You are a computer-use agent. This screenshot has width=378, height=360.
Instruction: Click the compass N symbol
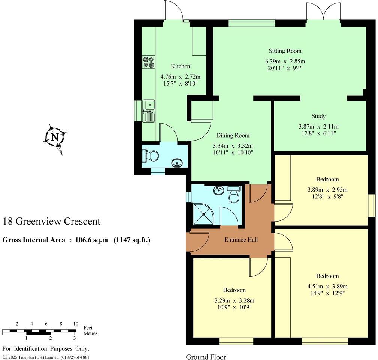point(55,137)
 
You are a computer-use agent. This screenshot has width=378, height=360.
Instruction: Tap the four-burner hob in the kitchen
point(148,62)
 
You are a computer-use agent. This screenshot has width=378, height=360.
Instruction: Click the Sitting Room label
point(285,51)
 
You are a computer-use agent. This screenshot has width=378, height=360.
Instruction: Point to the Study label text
point(318,116)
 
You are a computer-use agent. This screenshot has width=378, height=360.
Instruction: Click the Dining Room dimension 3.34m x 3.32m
point(235,146)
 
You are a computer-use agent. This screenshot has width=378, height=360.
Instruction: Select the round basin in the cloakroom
point(177,163)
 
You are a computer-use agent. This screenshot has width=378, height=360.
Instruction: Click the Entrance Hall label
point(241,240)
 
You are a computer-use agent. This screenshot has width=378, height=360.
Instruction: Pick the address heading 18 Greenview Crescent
point(52,221)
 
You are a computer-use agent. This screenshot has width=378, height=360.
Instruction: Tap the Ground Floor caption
point(206,357)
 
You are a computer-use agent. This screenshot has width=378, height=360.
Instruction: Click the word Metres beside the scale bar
point(90,333)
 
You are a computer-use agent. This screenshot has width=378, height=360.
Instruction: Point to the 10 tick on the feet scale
point(75,324)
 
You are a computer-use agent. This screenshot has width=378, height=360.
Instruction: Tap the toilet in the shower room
point(234,195)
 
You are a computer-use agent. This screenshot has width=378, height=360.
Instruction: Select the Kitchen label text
point(181,66)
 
